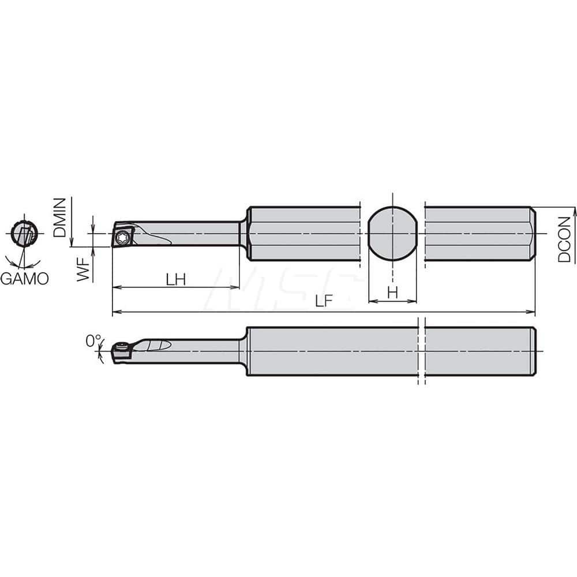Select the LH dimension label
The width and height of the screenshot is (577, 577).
click(175, 279)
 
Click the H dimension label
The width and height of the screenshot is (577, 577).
click(392, 293)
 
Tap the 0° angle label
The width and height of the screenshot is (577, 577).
click(93, 342)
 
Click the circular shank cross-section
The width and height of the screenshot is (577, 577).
click(392, 234)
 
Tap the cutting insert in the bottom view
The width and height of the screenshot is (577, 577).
click(122, 351)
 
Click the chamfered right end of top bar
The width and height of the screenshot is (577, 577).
click(533, 234)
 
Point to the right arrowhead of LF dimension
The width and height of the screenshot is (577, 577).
click(532, 313)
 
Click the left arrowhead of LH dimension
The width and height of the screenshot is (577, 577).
click(116, 287)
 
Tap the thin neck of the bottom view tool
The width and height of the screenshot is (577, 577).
click(208, 351)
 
